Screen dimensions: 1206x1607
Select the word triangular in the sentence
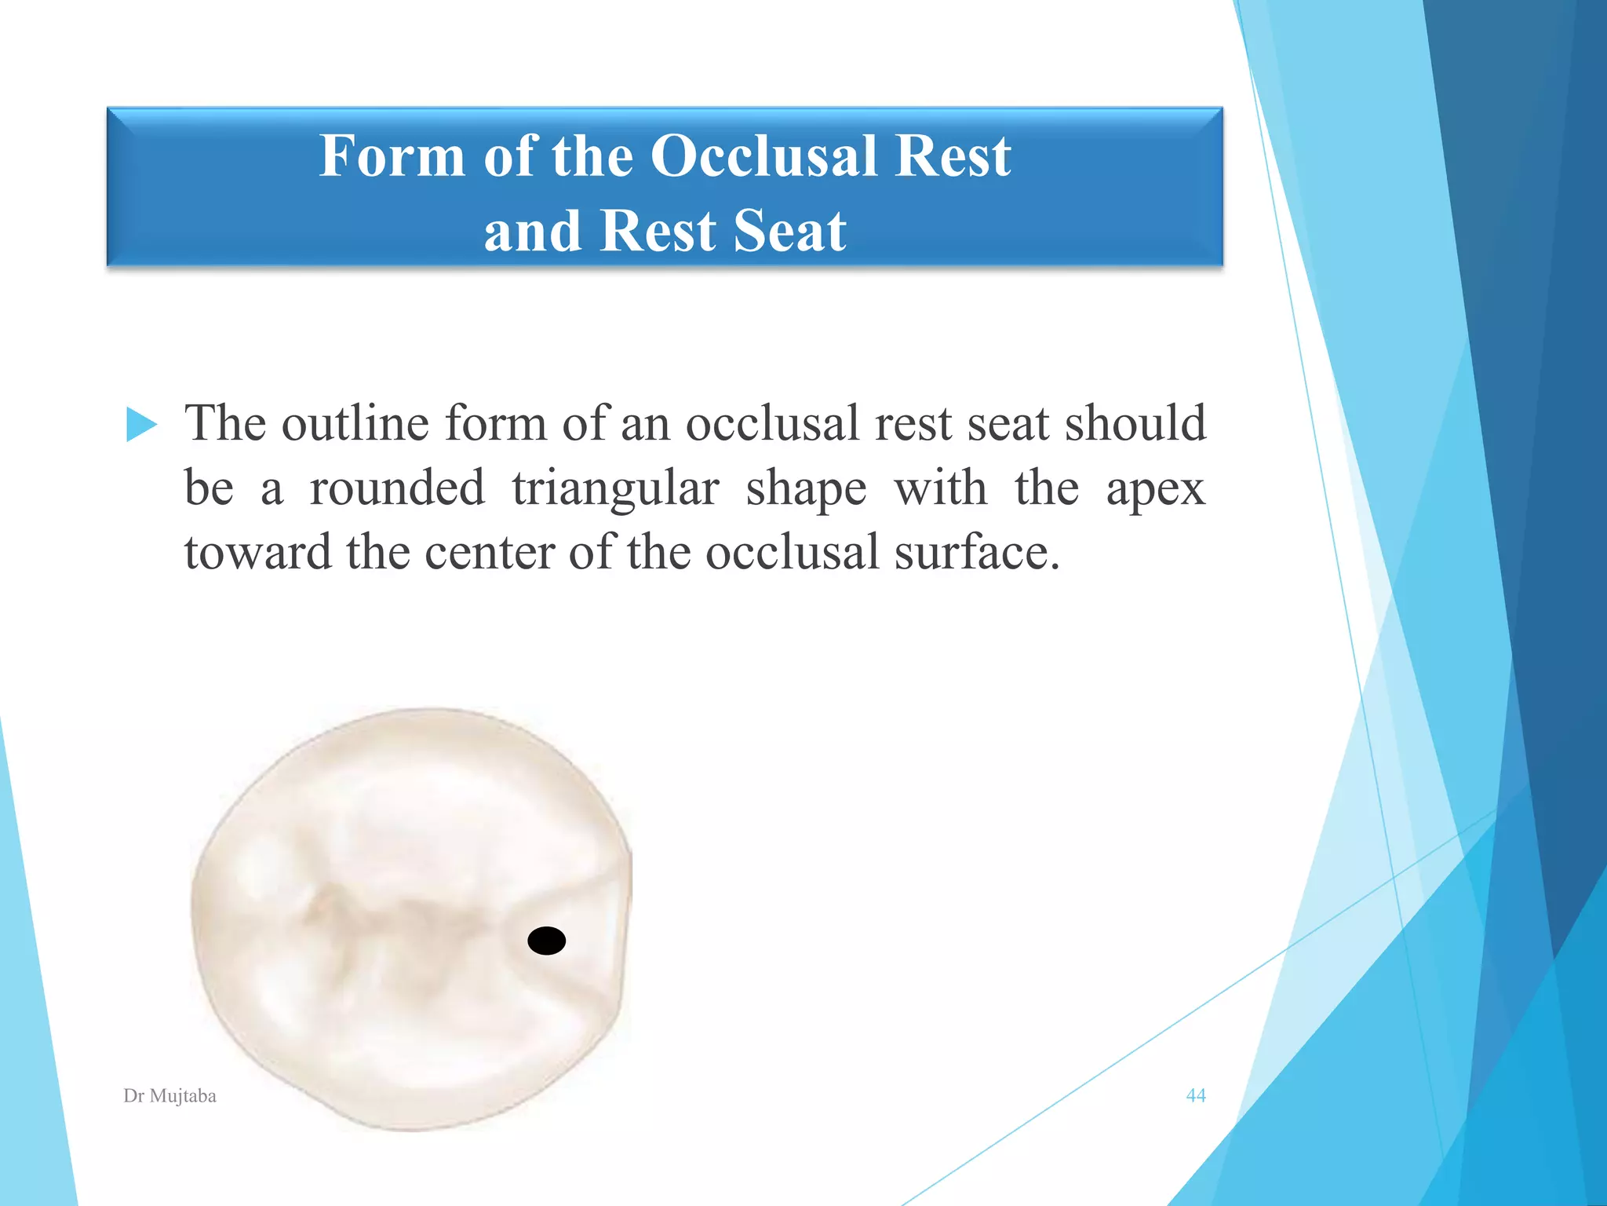point(615,488)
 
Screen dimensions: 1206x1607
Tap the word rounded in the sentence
point(397,488)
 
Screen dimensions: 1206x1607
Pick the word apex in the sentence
point(1155,489)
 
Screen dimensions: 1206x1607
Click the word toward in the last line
point(257,552)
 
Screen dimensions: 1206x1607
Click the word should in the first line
point(1135,423)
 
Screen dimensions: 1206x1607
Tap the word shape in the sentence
point(806,489)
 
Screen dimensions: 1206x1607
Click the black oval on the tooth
point(547,940)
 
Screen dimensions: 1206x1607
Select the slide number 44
point(1195,1095)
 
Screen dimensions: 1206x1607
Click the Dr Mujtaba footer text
point(169,1096)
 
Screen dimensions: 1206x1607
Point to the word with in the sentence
point(940,488)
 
